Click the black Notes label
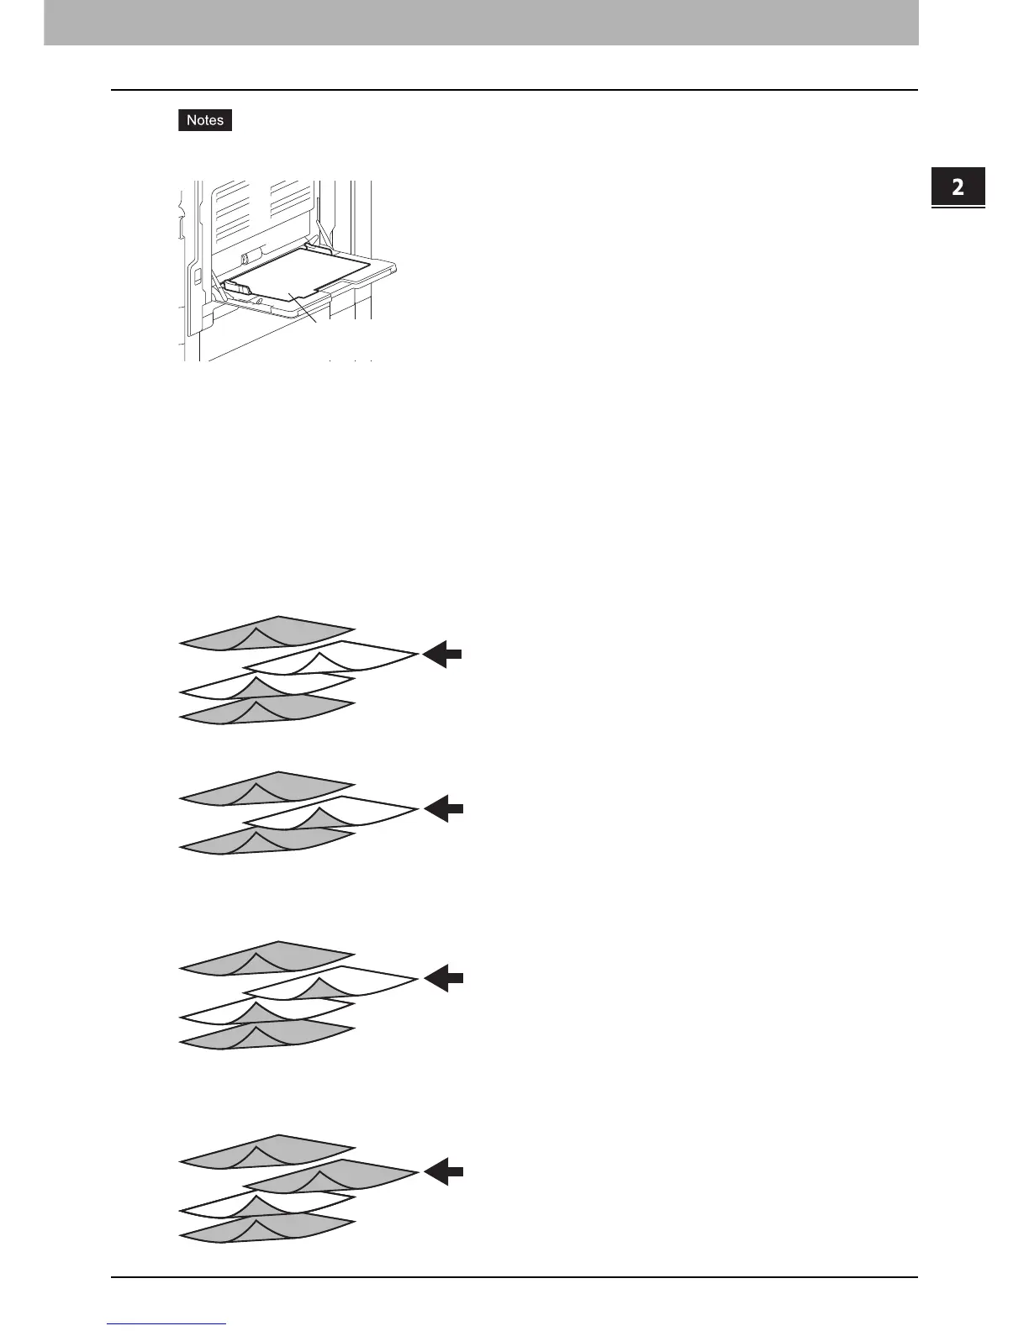click(x=205, y=120)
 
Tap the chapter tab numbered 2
click(x=958, y=187)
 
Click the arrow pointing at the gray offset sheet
click(x=443, y=1171)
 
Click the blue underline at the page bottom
click(x=166, y=1324)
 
